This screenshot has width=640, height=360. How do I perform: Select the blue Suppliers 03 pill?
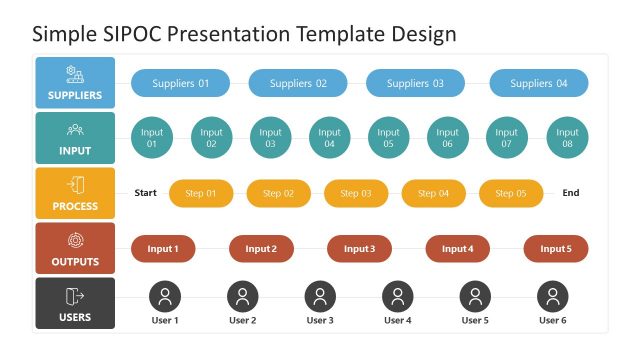coord(415,83)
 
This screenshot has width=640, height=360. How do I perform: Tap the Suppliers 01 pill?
coord(180,83)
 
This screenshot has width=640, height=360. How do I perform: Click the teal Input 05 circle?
coord(389,138)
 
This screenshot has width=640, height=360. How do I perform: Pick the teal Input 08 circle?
coord(567,138)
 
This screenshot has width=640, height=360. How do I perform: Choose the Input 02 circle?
coord(211,138)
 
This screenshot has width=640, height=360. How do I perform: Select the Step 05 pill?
coord(510,193)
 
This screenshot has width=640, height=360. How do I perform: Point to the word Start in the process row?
coord(146,193)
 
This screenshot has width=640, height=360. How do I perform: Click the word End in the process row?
coord(570,193)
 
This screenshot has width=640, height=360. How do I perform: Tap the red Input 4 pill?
coord(457,249)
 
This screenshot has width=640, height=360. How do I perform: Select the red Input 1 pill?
coord(163,249)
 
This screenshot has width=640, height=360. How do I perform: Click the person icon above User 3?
coord(320,296)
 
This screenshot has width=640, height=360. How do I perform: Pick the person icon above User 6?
coord(552,296)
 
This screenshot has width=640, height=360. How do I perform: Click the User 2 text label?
coord(242,320)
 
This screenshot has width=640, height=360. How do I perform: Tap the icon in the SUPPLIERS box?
coord(75,74)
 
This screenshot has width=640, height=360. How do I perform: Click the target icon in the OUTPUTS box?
coord(75,240)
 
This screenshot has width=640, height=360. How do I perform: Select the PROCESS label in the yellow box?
coord(75,207)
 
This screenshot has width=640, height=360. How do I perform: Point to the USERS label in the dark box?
coord(75,317)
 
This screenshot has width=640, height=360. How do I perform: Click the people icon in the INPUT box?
coord(75,129)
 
